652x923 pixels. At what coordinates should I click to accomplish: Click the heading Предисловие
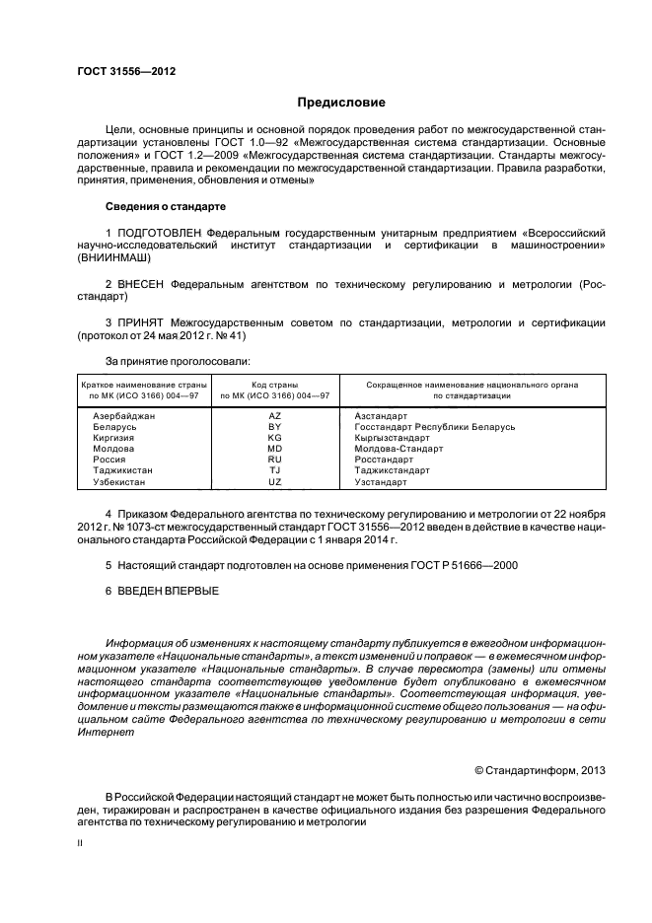pyautogui.click(x=341, y=103)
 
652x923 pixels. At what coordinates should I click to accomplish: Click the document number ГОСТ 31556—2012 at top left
pyautogui.click(x=120, y=70)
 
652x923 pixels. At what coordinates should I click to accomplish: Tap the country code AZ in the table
pyautogui.click(x=275, y=416)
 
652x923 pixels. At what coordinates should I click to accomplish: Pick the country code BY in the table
pyautogui.click(x=275, y=427)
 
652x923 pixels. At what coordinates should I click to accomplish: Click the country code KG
pyautogui.click(x=275, y=438)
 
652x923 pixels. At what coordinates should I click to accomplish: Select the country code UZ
pyautogui.click(x=275, y=482)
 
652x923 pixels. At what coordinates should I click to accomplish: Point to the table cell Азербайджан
pyautogui.click(x=124, y=416)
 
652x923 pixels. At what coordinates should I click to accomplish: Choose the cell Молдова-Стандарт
pyautogui.click(x=398, y=449)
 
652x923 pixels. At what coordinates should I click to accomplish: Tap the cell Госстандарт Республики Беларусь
pyautogui.click(x=435, y=427)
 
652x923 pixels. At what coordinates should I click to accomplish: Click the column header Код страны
pyautogui.click(x=275, y=384)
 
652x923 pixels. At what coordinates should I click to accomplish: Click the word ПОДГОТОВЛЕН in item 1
pyautogui.click(x=161, y=232)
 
